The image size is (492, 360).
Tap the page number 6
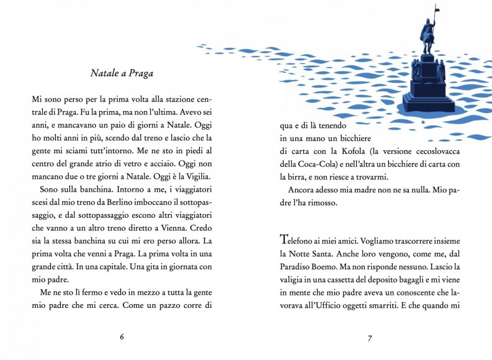122,336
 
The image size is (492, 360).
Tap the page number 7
370,338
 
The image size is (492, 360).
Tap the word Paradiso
297,267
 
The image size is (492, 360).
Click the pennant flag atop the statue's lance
437,7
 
